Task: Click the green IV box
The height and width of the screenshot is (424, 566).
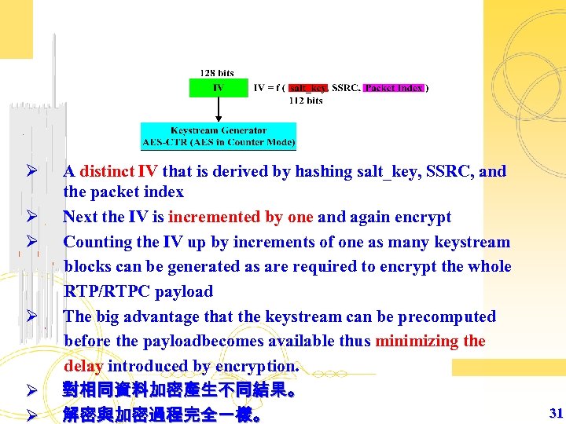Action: (x=218, y=88)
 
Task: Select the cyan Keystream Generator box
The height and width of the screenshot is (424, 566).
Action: (x=218, y=137)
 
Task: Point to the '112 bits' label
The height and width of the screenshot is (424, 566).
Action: (x=306, y=101)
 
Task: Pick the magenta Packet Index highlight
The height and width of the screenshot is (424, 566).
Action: (x=394, y=88)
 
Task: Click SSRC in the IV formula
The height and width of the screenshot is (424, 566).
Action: (x=347, y=88)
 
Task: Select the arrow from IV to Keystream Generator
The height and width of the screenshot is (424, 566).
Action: (x=218, y=110)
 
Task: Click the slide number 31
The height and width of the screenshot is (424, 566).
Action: (x=556, y=413)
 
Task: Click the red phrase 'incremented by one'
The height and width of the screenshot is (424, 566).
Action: (x=241, y=217)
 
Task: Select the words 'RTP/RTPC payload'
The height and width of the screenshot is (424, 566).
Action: (x=138, y=291)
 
